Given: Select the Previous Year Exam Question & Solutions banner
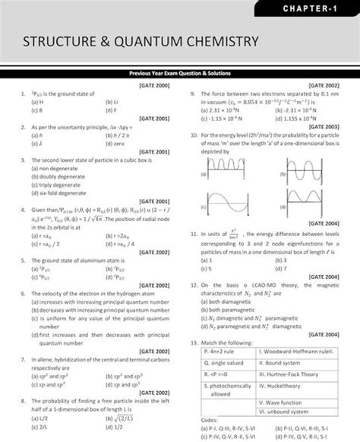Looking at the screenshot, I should click(x=180, y=73).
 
